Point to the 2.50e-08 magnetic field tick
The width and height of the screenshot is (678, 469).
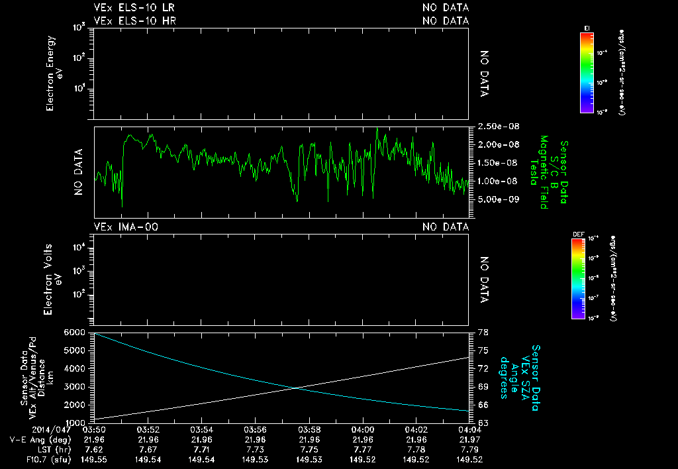tap(493, 126)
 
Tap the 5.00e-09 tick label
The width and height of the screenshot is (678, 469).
tap(493, 199)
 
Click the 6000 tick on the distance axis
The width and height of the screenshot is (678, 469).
tap(76, 332)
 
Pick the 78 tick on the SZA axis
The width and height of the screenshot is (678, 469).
tap(483, 332)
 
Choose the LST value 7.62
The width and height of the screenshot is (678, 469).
tap(95, 448)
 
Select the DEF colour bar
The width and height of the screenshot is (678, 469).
tap(579, 279)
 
